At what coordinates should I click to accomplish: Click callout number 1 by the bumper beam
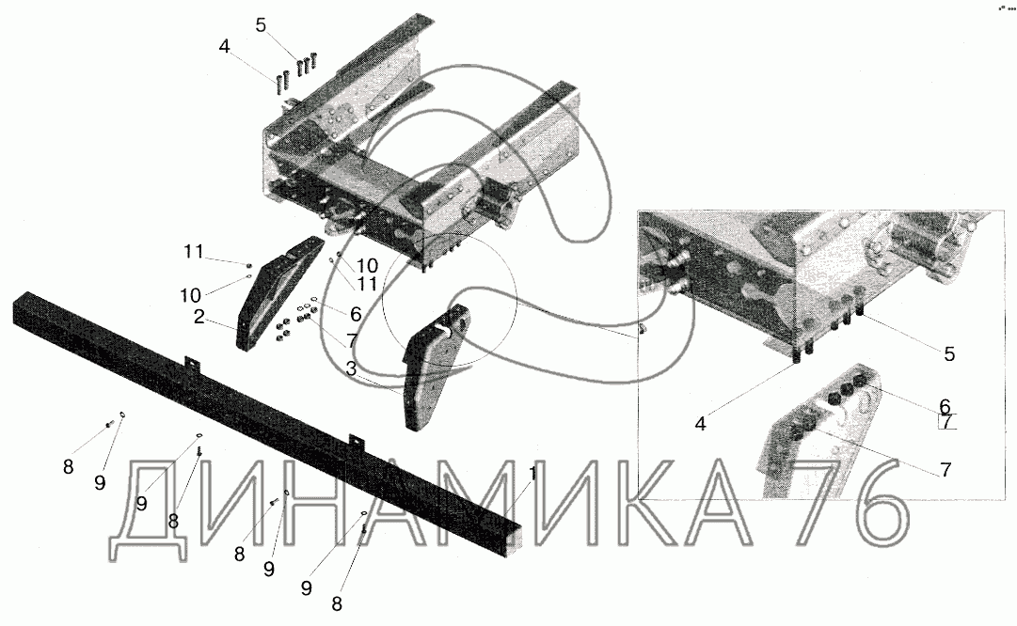[532, 474]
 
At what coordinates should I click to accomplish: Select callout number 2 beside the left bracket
[199, 317]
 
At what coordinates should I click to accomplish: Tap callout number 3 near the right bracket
[351, 368]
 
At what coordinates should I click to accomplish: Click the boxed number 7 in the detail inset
[947, 422]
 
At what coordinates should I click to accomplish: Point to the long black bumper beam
[266, 420]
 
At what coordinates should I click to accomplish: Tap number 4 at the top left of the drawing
[225, 47]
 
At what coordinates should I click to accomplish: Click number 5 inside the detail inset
[949, 353]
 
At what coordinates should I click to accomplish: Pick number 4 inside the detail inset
[701, 424]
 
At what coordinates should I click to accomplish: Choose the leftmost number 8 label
[68, 466]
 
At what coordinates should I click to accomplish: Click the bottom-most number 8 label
[337, 604]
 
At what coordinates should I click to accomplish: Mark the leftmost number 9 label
[99, 483]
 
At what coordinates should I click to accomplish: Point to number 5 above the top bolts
[261, 25]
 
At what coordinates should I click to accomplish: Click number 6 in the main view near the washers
[356, 314]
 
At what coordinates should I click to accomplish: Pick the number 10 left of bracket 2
[191, 295]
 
